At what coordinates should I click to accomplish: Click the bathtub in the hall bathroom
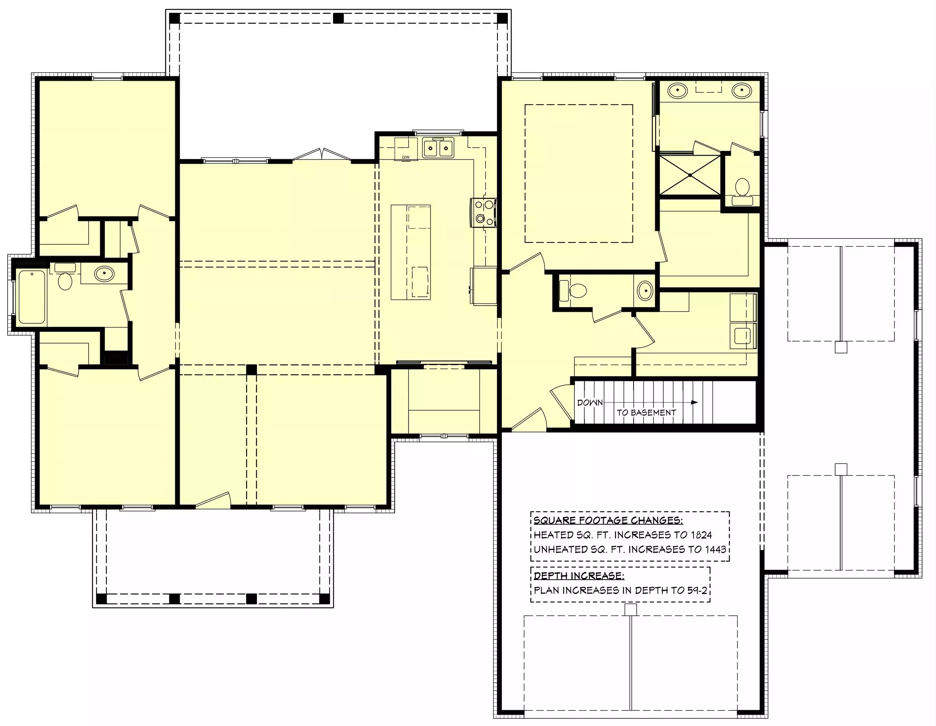[32, 297]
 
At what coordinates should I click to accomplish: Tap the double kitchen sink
[438, 148]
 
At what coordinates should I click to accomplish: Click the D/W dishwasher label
[406, 157]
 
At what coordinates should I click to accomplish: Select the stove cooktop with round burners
[483, 212]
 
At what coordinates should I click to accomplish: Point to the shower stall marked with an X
[689, 175]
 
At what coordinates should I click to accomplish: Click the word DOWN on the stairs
[590, 403]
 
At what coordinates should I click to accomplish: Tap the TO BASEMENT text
[646, 412]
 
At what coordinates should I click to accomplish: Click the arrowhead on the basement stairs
[694, 403]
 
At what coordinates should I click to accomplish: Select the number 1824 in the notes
[701, 535]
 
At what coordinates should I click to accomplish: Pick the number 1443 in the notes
[715, 550]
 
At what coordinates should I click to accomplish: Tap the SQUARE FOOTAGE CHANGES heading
[608, 520]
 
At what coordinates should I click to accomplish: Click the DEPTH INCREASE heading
[579, 576]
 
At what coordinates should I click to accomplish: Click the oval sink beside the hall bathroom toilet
[104, 273]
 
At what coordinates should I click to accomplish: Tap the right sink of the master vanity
[741, 90]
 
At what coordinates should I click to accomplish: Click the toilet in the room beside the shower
[742, 192]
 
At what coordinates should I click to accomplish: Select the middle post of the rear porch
[339, 19]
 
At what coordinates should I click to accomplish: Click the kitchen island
[411, 252]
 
